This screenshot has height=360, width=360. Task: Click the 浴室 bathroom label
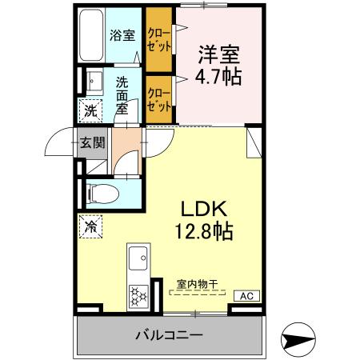(x=122, y=36)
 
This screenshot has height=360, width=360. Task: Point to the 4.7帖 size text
(x=218, y=78)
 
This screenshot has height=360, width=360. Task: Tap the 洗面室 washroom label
(x=122, y=95)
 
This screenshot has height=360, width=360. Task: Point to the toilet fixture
(x=99, y=193)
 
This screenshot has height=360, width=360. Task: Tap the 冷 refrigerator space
(x=90, y=226)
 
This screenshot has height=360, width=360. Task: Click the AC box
(x=246, y=296)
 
